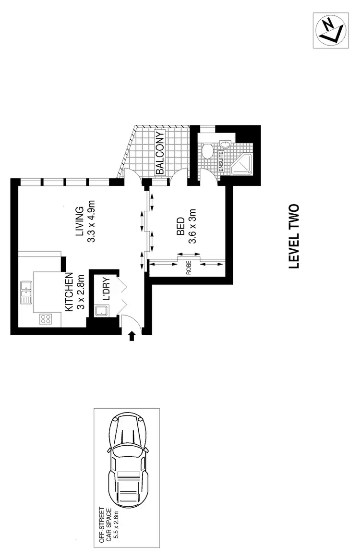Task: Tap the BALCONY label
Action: point(159,153)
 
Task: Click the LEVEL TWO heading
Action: point(294,237)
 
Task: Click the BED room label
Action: point(180,226)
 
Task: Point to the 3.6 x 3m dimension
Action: point(192,226)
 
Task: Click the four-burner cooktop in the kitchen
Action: point(46,318)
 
